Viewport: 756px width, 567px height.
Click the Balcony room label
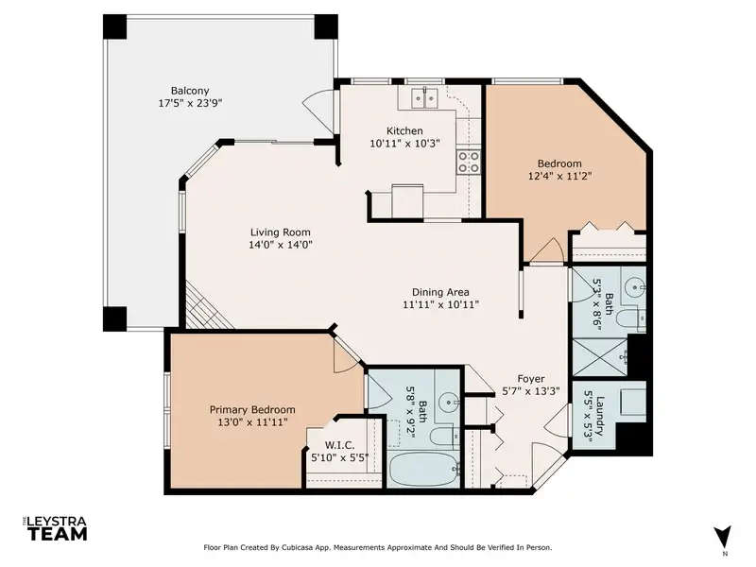click(190, 91)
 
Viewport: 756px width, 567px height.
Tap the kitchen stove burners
click(469, 162)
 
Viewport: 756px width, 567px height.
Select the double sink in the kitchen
click(424, 99)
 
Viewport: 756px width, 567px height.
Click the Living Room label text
click(280, 232)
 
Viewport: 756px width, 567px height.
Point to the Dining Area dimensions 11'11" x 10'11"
click(440, 304)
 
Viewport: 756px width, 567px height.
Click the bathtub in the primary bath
click(423, 470)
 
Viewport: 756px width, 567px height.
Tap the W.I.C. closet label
click(339, 445)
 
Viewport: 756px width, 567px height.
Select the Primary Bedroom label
click(252, 410)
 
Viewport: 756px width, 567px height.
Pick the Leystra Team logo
click(55, 529)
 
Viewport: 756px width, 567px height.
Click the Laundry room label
click(600, 416)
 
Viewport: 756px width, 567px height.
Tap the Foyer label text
click(531, 379)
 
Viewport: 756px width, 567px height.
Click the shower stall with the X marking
click(599, 357)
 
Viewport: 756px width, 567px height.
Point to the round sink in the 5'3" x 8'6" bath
click(633, 288)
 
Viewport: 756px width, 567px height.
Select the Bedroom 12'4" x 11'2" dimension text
click(559, 176)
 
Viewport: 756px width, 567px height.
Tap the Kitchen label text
click(404, 130)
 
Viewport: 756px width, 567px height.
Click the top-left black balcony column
click(114, 26)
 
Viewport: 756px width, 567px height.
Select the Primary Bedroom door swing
click(346, 355)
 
